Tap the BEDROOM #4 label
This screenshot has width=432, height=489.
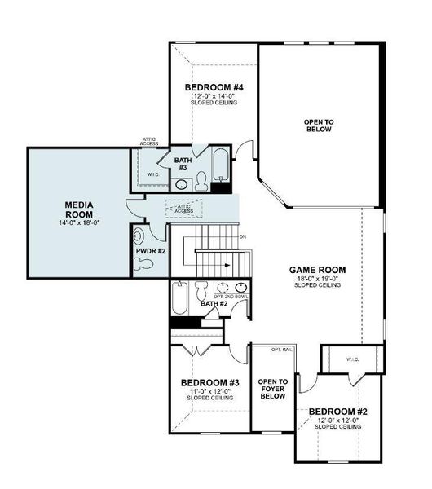[214, 87]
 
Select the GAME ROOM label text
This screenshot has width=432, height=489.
[318, 270]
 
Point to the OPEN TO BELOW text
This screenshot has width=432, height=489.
[319, 126]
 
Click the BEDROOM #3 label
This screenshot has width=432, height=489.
[209, 382]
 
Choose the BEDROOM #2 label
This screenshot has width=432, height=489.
[337, 411]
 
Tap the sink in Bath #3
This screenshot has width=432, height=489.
[181, 185]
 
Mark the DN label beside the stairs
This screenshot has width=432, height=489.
[242, 237]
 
